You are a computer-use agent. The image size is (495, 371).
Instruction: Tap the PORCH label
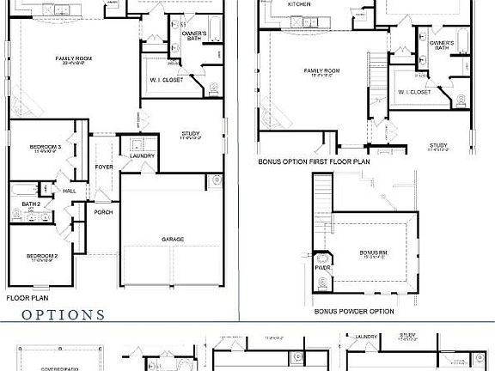pyautogui.click(x=103, y=212)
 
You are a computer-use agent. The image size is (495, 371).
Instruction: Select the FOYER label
pyautogui.click(x=104, y=167)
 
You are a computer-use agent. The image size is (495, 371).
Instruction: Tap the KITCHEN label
pyautogui.click(x=299, y=4)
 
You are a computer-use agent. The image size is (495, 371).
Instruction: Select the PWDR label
pyautogui.click(x=322, y=267)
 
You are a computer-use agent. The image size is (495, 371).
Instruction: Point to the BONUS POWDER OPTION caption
pyautogui.click(x=354, y=311)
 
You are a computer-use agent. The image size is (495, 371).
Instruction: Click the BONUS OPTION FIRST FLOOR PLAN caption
pyautogui.click(x=314, y=161)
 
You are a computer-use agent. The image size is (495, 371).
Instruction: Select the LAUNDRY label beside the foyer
pyautogui.click(x=143, y=155)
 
